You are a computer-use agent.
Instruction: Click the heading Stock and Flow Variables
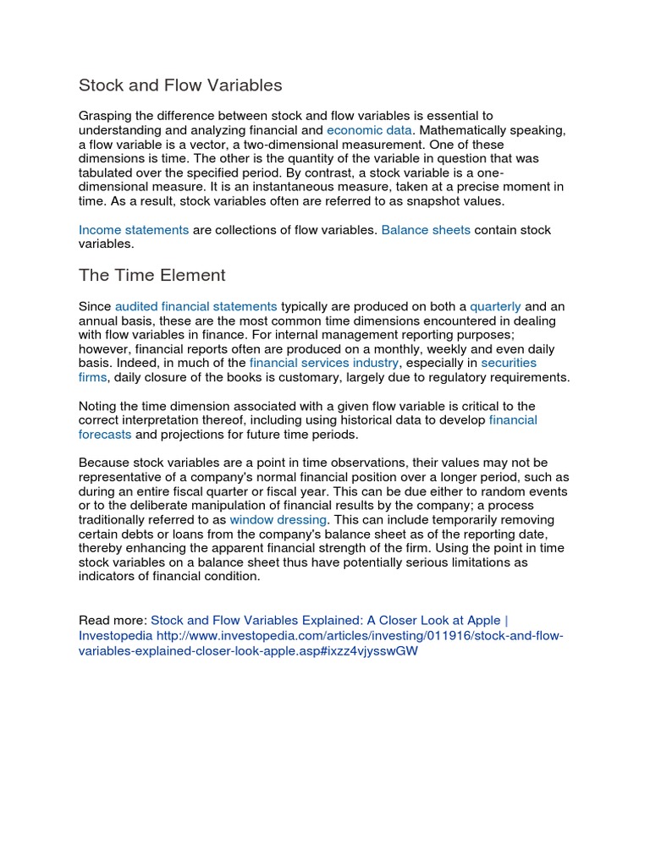click(180, 85)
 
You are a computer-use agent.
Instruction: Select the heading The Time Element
click(152, 275)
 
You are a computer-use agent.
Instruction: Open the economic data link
click(369, 130)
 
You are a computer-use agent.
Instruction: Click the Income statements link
click(134, 230)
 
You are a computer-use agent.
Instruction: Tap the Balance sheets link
click(426, 230)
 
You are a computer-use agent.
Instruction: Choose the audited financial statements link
click(196, 306)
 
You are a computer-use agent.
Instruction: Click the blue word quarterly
click(495, 306)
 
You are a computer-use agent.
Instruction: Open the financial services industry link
click(323, 363)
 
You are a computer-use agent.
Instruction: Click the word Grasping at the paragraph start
click(107, 116)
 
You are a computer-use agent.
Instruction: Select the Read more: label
click(113, 619)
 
